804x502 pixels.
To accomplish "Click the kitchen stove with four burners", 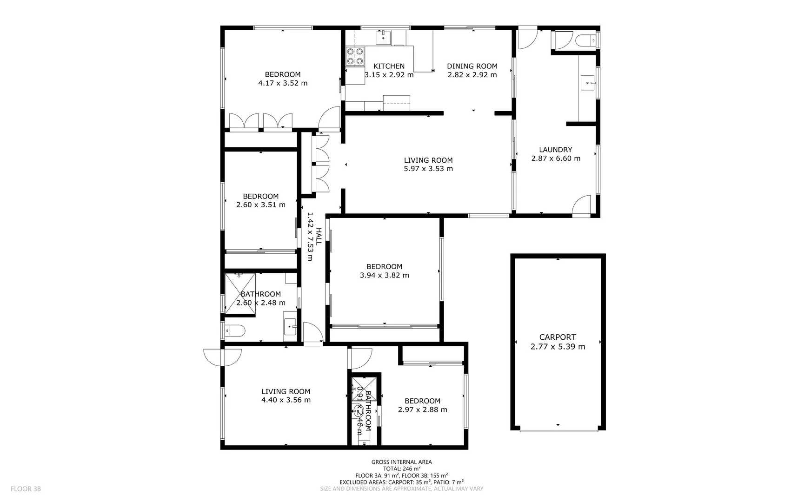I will point(355,56).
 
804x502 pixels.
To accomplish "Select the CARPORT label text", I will point(558,337).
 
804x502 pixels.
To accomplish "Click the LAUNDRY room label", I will point(555,150).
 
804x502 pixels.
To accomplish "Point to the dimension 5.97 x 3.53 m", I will point(428,169).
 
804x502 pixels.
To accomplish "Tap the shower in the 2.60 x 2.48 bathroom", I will point(240,293).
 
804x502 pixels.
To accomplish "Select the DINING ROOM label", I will point(472,66).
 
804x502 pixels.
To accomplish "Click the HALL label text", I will point(319,236).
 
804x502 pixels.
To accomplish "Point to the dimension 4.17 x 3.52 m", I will point(283,83).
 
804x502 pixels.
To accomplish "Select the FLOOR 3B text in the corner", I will point(26,489).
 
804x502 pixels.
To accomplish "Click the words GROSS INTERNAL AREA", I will point(401,462).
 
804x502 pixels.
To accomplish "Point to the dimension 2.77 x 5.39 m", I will point(558,347).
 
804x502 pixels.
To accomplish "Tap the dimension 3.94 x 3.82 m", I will point(384,275).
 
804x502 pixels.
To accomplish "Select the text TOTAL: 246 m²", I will point(401,469).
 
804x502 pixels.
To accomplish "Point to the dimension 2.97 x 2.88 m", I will point(422,410).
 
